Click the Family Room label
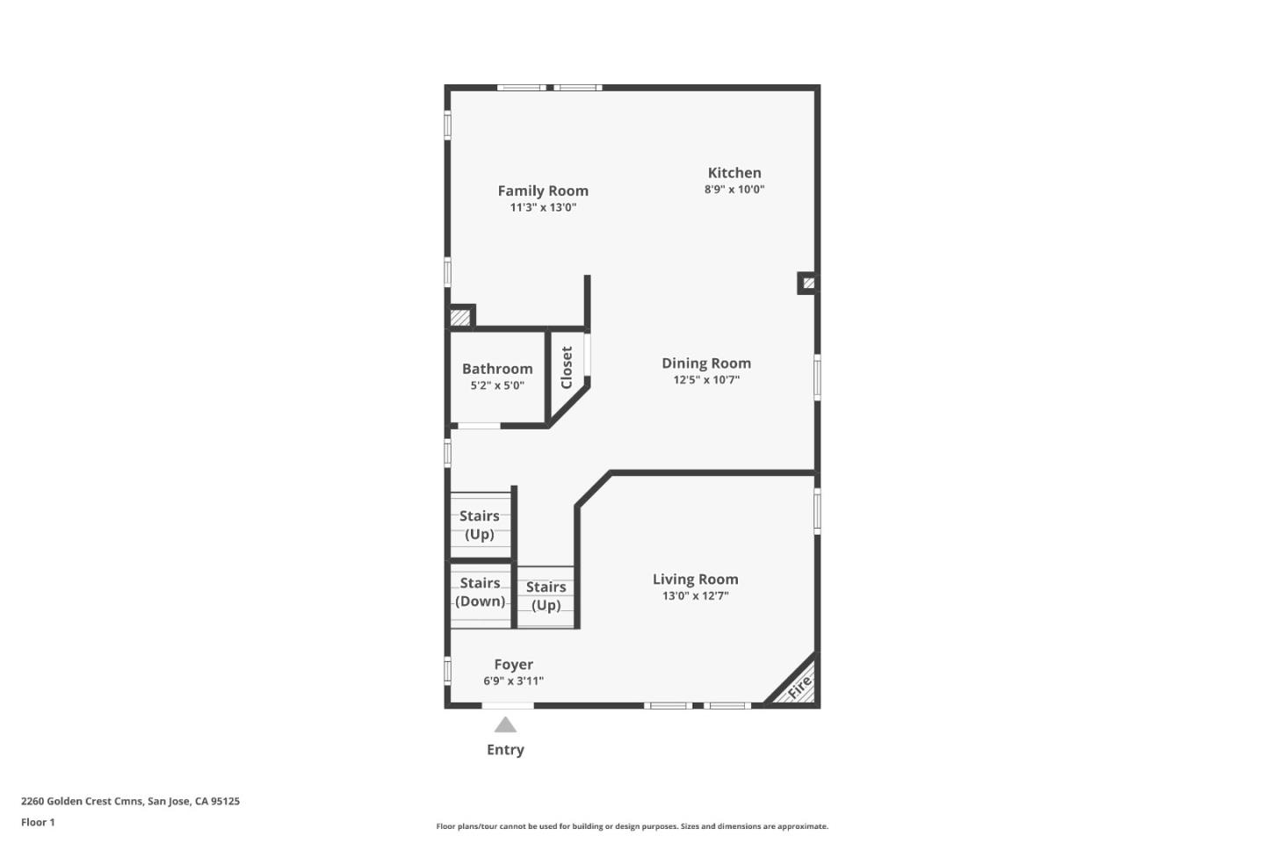click(x=543, y=191)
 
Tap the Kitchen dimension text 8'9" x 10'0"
click(x=734, y=190)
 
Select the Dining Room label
click(x=706, y=363)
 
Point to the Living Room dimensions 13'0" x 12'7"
click(x=695, y=596)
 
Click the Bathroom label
click(x=497, y=369)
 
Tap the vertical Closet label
click(x=567, y=367)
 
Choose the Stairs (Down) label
click(x=480, y=592)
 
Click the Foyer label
click(x=513, y=665)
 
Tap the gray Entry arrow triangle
click(x=505, y=725)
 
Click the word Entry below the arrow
click(x=505, y=750)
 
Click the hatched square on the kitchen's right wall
click(x=808, y=283)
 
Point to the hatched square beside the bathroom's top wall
click(x=460, y=317)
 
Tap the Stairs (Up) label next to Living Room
click(x=546, y=596)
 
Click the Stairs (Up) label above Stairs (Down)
click(x=479, y=525)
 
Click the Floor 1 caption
click(x=38, y=823)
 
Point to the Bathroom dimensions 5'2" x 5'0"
click(x=497, y=385)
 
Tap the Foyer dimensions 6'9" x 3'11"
click(x=513, y=681)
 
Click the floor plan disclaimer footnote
click(x=632, y=826)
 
